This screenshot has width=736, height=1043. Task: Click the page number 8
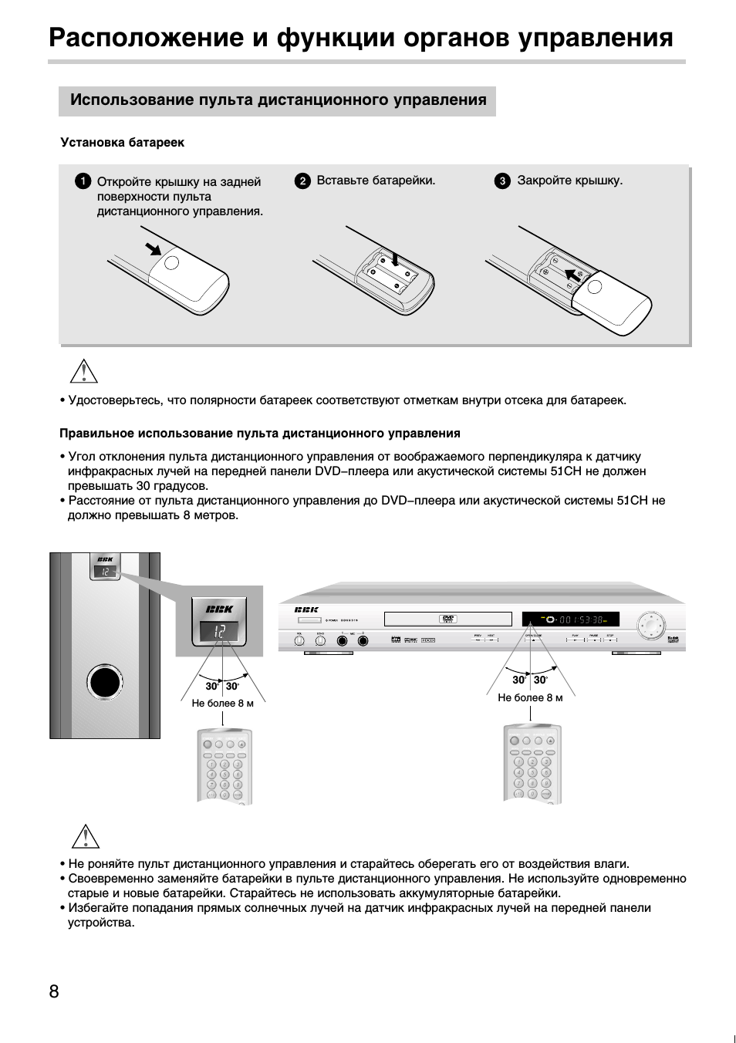pyautogui.click(x=54, y=991)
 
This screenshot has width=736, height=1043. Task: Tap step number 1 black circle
pyautogui.click(x=83, y=182)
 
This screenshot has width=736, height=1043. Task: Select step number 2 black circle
pyautogui.click(x=302, y=181)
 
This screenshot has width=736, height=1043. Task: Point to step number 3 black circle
pyautogui.click(x=502, y=181)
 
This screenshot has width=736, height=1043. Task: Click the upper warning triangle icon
pyautogui.click(x=83, y=371)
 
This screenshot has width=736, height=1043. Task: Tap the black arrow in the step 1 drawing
pyautogui.click(x=154, y=248)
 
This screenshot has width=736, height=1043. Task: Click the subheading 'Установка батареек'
pyautogui.click(x=123, y=143)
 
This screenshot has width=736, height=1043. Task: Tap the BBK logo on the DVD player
pyautogui.click(x=306, y=609)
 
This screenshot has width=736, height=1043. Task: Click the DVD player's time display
pyautogui.click(x=570, y=619)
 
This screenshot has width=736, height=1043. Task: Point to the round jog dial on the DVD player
pyautogui.click(x=650, y=623)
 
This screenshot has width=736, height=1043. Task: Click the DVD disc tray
pyautogui.click(x=447, y=619)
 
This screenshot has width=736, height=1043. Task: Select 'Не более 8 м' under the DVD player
pyautogui.click(x=530, y=697)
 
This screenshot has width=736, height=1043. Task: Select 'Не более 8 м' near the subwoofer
pyautogui.click(x=222, y=703)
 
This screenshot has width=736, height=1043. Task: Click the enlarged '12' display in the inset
pyautogui.click(x=221, y=632)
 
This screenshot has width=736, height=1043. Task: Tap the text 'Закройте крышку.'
pyautogui.click(x=569, y=181)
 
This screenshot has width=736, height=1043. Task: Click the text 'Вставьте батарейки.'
pyautogui.click(x=376, y=181)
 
